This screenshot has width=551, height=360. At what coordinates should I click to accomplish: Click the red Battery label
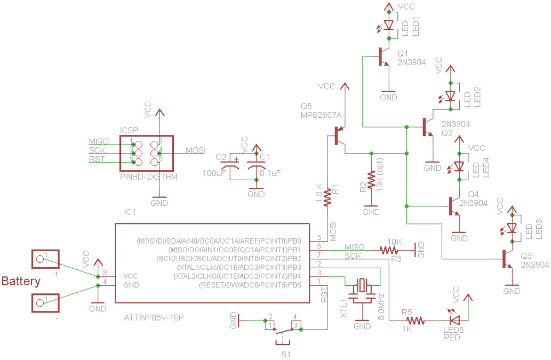click(x=21, y=281)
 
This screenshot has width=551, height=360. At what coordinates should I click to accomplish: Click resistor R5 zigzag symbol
click(x=416, y=321)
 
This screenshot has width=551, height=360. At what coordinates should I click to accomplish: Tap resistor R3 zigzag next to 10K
click(x=389, y=250)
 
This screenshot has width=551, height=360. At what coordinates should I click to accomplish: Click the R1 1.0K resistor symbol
click(x=329, y=197)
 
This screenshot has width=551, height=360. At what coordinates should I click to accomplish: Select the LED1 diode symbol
click(x=388, y=25)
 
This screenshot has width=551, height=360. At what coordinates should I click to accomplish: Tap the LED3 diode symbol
click(x=513, y=228)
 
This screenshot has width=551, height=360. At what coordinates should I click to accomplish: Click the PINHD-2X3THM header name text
click(x=149, y=176)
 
